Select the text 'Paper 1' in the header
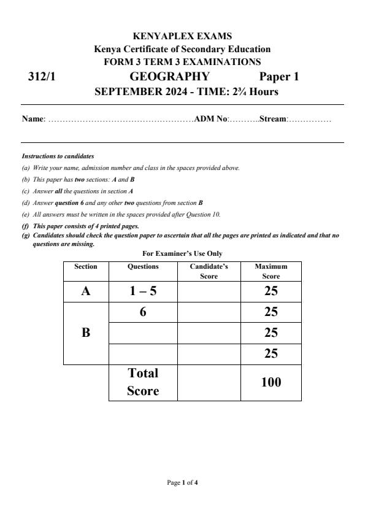tap(279, 77)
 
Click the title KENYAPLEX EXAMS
tap(182, 37)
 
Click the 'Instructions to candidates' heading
tap(58, 156)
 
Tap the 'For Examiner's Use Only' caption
tap(182, 253)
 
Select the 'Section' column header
tap(86, 267)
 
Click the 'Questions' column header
tap(143, 267)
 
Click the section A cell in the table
tap(86, 291)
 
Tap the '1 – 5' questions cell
tap(143, 291)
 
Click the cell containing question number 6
tap(143, 312)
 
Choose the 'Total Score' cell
tap(143, 382)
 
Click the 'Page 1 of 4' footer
tap(182, 483)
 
